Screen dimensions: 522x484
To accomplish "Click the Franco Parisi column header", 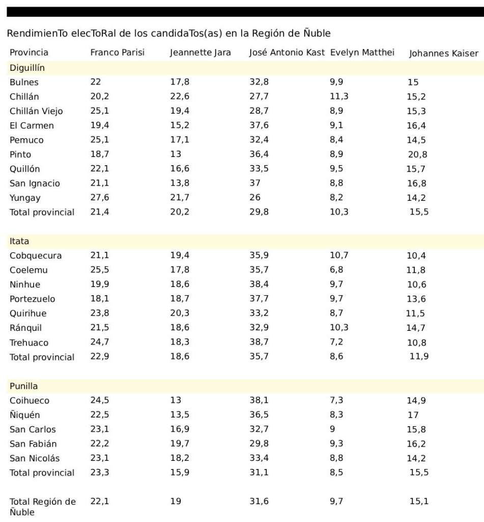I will coord(117,53).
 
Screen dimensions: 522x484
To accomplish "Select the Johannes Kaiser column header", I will coord(443,54).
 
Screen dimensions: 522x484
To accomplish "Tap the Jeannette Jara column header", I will coord(200,53).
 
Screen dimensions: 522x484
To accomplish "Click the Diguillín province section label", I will coord(27,67).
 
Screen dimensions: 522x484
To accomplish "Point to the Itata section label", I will coord(19,241).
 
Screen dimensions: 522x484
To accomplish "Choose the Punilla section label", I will coord(23,386).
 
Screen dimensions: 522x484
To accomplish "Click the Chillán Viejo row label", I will coord(36,111).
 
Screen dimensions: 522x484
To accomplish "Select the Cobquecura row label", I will coord(36,255).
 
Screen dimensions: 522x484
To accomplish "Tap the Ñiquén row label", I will coord(24,415).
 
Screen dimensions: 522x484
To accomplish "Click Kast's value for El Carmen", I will coord(259,125).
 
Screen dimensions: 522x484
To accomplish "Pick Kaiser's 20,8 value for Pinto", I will coord(417,154).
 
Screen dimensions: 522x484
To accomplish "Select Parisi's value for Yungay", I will coord(100,198).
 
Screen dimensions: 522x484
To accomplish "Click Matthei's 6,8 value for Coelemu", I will coord(336,270).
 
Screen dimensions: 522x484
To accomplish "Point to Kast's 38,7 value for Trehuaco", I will coord(259,342).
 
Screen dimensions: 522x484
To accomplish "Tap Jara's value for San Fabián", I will coord(180,443).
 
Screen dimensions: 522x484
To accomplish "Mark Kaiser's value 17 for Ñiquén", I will coord(413,415).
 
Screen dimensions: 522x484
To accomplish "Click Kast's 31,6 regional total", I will coord(259,502).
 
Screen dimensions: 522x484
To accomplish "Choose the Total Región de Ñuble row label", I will coord(42,507).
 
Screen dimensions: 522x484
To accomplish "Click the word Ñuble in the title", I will coord(315,34).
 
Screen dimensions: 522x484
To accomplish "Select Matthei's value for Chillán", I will coord(339,96).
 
